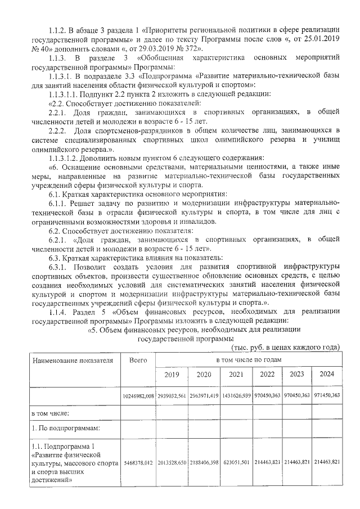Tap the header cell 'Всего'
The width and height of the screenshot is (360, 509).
click(x=138, y=359)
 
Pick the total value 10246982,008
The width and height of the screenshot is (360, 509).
click(x=138, y=397)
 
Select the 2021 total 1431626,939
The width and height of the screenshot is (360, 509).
click(x=235, y=397)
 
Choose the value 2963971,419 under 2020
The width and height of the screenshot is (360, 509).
click(x=203, y=397)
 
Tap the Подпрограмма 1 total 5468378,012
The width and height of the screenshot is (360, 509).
click(x=138, y=462)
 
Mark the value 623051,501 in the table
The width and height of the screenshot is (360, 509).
click(x=235, y=462)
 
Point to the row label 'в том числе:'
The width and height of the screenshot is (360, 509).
click(x=50, y=413)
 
